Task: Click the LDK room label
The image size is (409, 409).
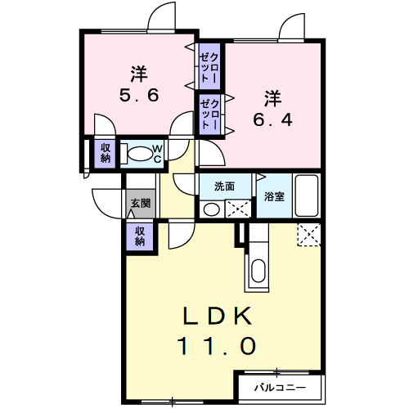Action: [x=218, y=316]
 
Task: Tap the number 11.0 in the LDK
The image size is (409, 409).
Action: [x=218, y=345]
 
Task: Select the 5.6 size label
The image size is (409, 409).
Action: [x=139, y=95]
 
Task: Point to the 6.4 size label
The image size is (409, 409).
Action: [x=272, y=119]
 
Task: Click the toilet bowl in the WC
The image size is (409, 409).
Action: [x=140, y=154]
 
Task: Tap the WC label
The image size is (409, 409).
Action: [x=158, y=154]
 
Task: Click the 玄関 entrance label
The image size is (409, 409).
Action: [x=141, y=203]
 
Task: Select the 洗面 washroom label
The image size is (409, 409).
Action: [x=224, y=187]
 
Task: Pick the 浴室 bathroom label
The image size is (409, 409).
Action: [x=274, y=196]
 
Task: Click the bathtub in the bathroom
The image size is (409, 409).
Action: [x=307, y=196]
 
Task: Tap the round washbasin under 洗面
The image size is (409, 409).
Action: [x=212, y=209]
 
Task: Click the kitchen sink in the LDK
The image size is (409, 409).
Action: [x=258, y=271]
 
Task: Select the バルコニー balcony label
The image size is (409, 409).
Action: [x=281, y=388]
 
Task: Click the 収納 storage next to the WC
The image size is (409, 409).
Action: [x=106, y=153]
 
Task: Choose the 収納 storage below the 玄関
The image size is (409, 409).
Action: [x=140, y=236]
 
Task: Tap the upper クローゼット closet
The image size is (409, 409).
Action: [x=209, y=66]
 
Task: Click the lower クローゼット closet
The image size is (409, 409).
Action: [x=209, y=115]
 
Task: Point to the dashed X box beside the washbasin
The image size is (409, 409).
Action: [x=238, y=209]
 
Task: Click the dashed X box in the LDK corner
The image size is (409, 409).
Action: [x=309, y=235]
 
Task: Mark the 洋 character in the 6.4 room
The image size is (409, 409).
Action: [x=272, y=99]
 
